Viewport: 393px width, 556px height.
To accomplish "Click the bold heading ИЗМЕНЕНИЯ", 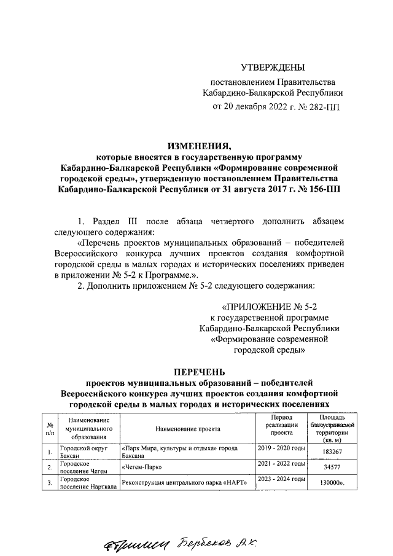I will click(x=199, y=146).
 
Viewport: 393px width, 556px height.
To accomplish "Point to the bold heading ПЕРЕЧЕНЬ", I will click(x=199, y=372).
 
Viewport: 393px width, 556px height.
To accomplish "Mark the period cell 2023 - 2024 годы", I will click(x=281, y=479).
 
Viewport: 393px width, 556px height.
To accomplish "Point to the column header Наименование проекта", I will click(x=187, y=428).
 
